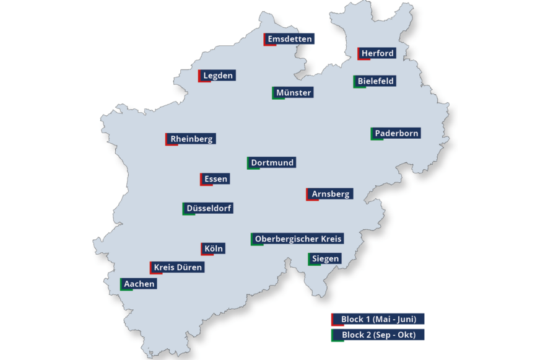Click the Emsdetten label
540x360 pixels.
290,39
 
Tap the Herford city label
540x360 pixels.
377,53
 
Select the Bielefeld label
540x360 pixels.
375,81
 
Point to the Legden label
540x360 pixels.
217,76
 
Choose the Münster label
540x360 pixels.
294,92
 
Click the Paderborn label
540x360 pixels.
396,133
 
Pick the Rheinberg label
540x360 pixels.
191,139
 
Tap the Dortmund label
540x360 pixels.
272,162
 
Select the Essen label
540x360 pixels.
216,179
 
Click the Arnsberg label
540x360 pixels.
330,194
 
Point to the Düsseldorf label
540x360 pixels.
209,208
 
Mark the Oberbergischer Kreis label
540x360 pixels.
298,239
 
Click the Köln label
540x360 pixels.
213,248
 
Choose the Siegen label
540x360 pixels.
325,258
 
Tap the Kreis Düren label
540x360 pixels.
177,267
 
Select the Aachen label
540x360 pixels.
139,284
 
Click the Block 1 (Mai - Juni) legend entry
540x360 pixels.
378,319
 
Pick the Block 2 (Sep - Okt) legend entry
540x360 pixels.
378,335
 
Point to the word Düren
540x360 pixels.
190,267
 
